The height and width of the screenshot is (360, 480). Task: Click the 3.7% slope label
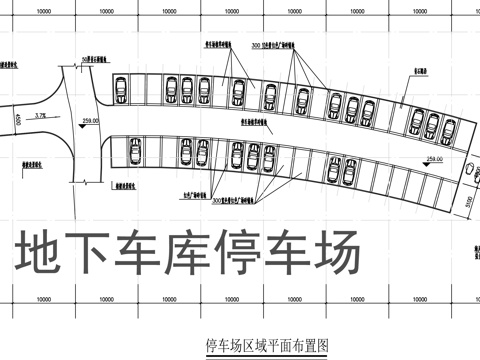40,117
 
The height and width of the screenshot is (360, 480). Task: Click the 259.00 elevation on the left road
92,120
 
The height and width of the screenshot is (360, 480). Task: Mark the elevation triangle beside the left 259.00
78,125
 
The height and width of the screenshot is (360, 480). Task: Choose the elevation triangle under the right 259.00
435,165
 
